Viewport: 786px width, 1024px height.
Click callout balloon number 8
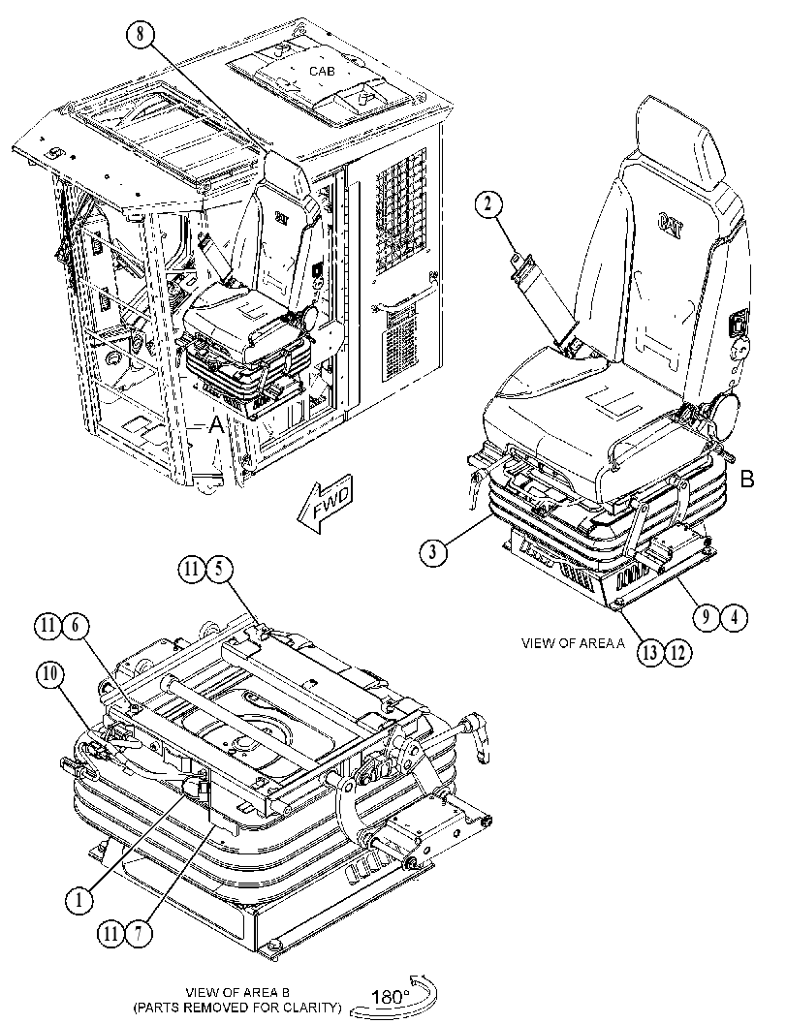coord(141,35)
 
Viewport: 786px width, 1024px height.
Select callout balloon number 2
coord(488,205)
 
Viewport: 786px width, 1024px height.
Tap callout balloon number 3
coord(433,552)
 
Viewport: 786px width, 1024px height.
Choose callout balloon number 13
coord(650,653)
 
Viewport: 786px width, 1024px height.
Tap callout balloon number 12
coord(676,653)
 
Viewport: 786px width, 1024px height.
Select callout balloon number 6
coord(76,626)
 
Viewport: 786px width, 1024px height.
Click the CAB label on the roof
coord(322,71)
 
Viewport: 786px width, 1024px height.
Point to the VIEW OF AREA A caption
coord(573,643)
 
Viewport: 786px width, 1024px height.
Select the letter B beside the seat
coord(747,480)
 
